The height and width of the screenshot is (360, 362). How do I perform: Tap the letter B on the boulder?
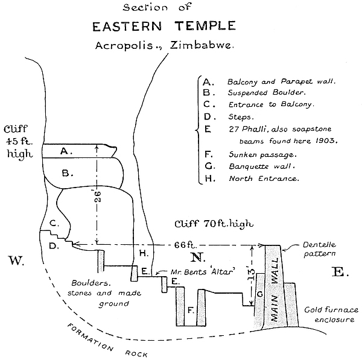click(x=67, y=173)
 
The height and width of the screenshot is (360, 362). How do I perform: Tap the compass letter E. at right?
click(x=338, y=272)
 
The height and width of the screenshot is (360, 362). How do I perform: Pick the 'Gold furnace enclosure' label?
click(x=331, y=314)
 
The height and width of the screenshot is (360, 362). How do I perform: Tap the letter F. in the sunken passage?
click(x=190, y=311)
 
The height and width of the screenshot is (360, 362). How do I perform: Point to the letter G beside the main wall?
click(x=260, y=294)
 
